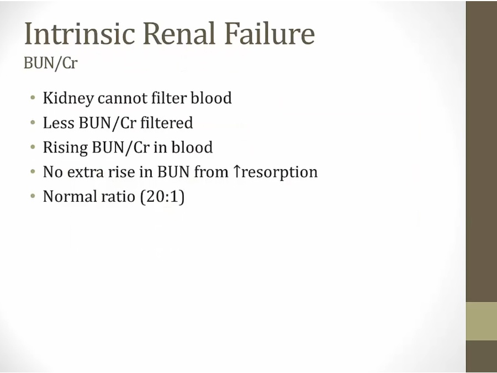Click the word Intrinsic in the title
click(x=80, y=33)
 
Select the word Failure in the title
click(x=269, y=33)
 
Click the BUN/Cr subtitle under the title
click(x=51, y=63)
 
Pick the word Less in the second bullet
click(x=59, y=123)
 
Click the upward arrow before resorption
click(x=237, y=172)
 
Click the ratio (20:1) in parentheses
click(x=162, y=197)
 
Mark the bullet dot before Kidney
click(x=33, y=97)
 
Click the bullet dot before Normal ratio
click(x=33, y=196)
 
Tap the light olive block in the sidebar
click(x=482, y=321)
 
